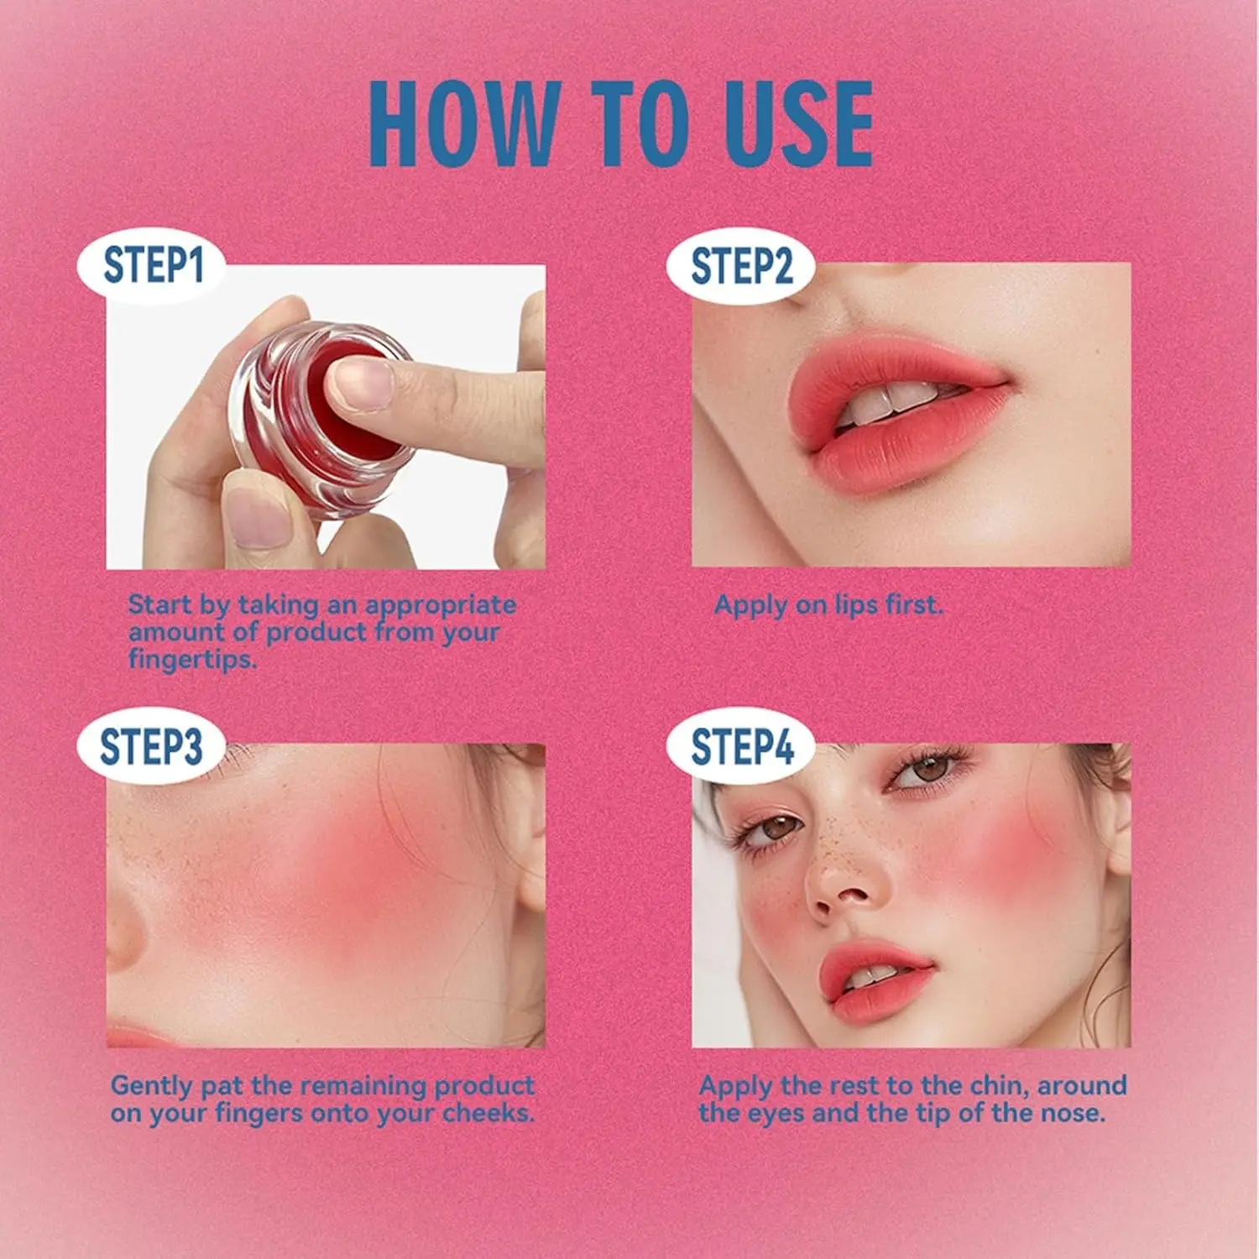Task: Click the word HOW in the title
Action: [464, 123]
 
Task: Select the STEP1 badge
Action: [153, 265]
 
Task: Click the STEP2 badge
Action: [741, 265]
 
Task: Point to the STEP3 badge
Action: [151, 746]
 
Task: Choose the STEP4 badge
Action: [741, 746]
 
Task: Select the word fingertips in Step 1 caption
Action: [192, 660]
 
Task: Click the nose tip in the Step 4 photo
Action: [844, 890]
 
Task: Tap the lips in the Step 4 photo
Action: [873, 982]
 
